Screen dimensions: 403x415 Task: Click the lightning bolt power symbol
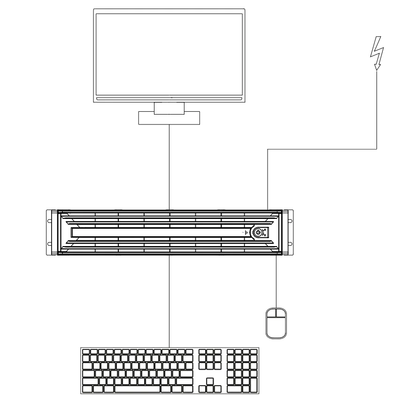coord(377,53)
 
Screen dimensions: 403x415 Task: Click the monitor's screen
coord(169,54)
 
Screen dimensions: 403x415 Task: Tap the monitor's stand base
coord(169,118)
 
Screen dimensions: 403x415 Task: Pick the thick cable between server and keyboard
coord(171,301)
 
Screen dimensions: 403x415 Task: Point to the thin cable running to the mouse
coord(276,282)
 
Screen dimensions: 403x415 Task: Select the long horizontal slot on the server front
coord(155,232)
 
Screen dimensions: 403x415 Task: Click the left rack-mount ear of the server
coord(50,232)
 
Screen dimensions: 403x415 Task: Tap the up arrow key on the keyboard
coord(210,381)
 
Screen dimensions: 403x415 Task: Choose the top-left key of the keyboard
coord(86,352)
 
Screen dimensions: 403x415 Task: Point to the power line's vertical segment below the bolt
coord(378,108)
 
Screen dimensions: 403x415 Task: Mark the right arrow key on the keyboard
coord(218,389)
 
